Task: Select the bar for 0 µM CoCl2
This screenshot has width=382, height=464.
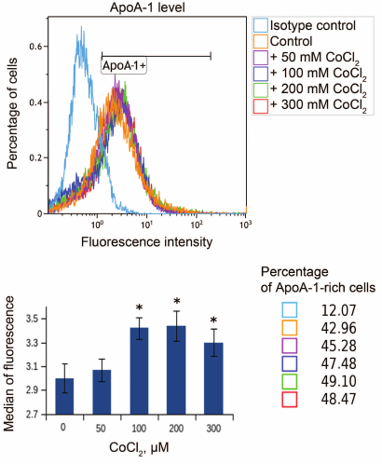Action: (62, 396)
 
